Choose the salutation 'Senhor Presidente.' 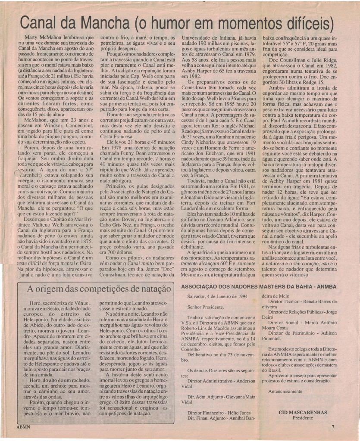pyautogui.click(x=206, y=307)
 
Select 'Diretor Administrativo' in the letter pyautogui.click(x=209, y=381)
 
